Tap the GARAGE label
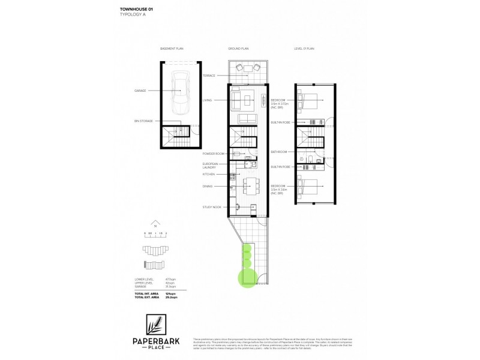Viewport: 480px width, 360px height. point(140,91)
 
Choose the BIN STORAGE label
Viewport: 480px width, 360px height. point(143,121)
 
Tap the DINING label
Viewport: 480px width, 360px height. point(208,187)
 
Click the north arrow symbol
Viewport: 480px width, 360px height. point(155,221)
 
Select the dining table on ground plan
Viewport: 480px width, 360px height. point(247,185)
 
